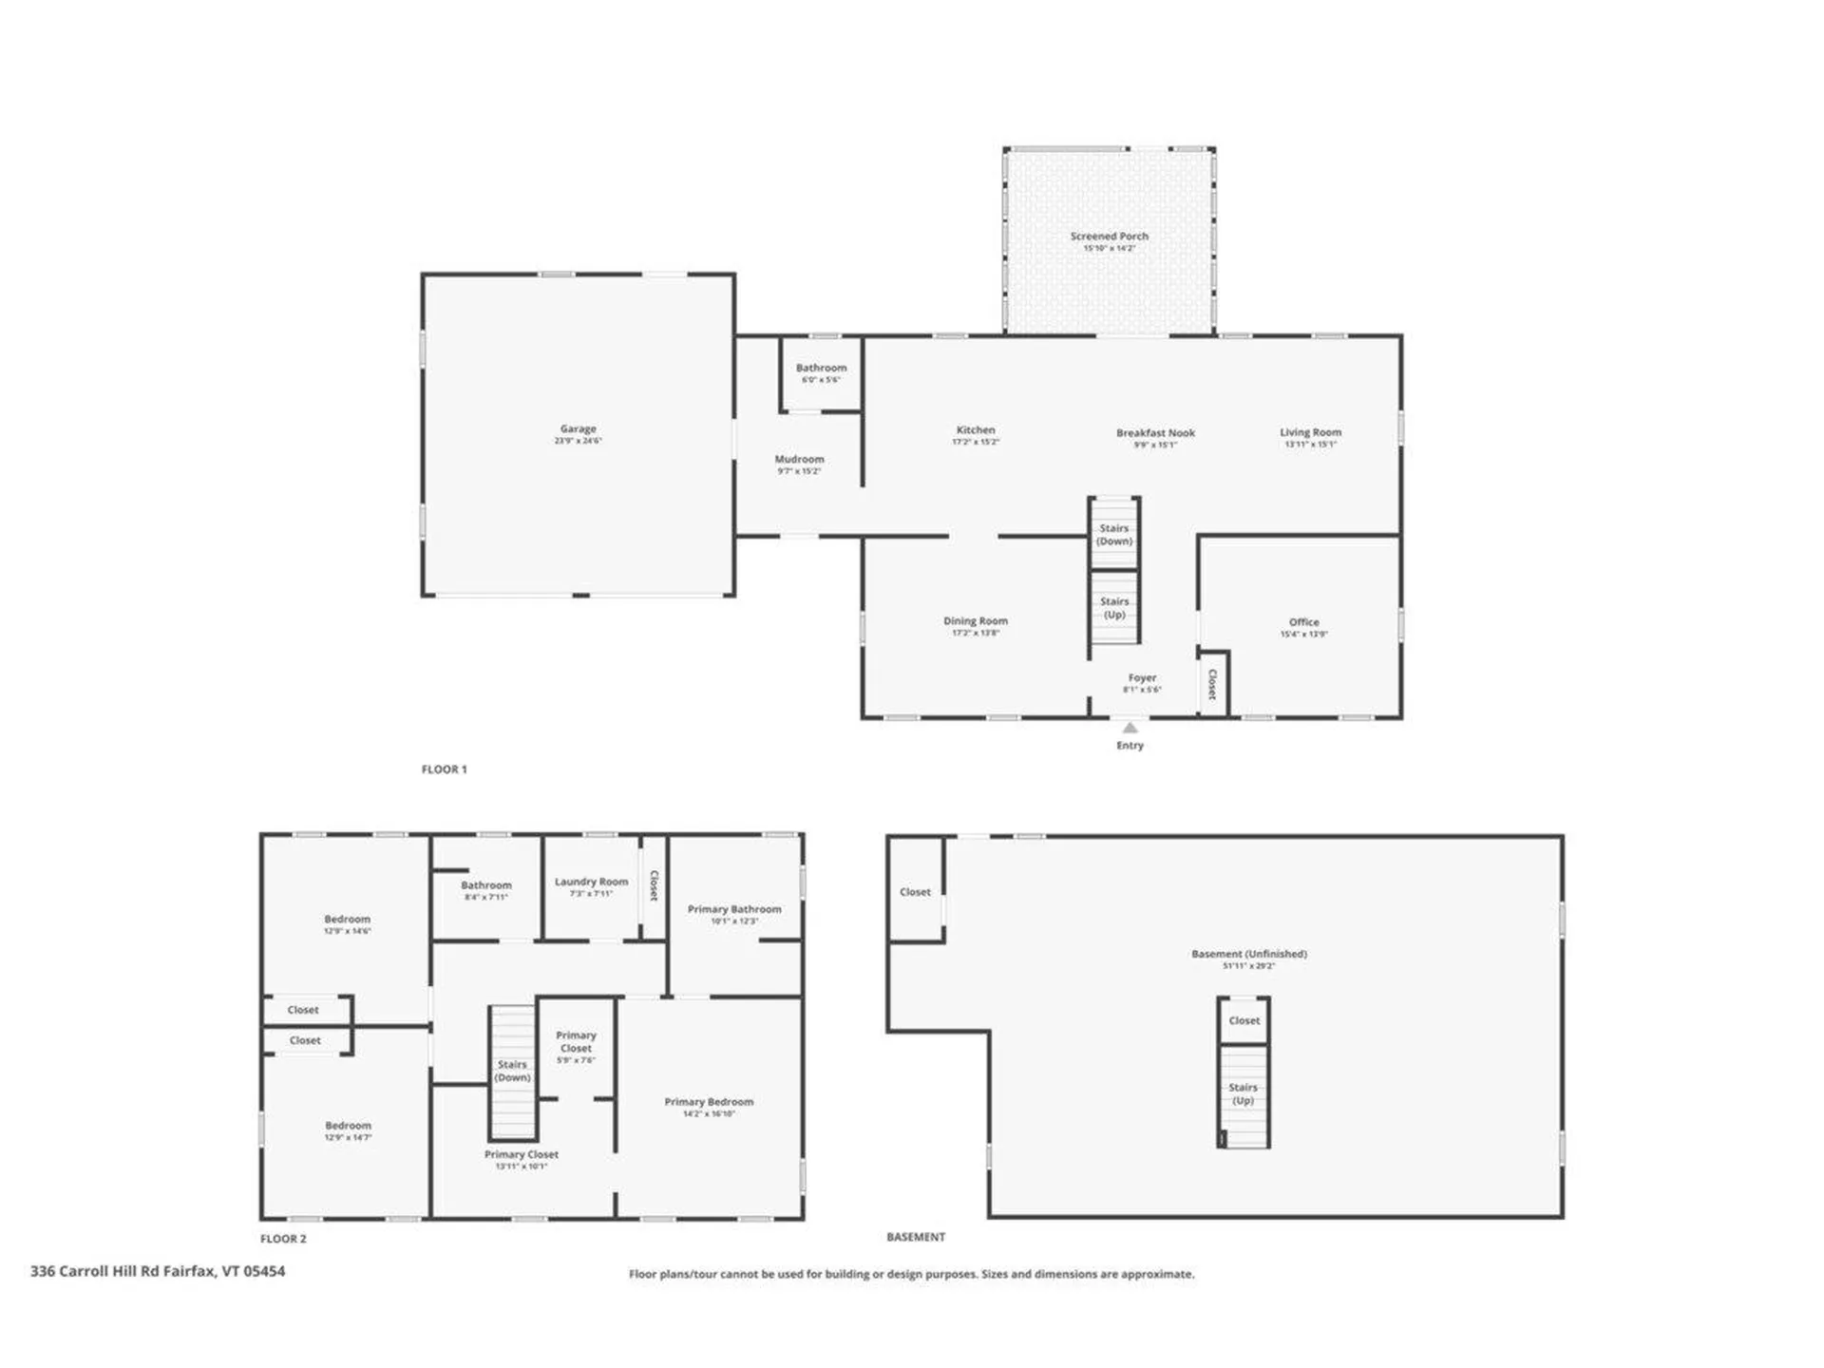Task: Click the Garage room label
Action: [x=578, y=429]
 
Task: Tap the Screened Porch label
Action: [x=1109, y=237]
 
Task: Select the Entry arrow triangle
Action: [x=1130, y=728]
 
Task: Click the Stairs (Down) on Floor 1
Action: [x=1113, y=534]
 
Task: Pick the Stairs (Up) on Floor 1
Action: [x=1113, y=607]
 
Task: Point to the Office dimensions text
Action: [x=1303, y=635]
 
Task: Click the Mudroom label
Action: [x=799, y=460]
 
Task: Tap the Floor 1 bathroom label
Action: [x=821, y=369]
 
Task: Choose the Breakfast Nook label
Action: [x=1155, y=433]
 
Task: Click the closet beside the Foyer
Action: [x=1212, y=684]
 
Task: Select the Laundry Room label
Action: [x=591, y=883]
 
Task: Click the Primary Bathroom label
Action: [x=734, y=909]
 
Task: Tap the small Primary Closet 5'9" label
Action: [x=576, y=1047]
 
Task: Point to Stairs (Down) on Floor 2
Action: [x=512, y=1071]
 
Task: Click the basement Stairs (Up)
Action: [x=1243, y=1093]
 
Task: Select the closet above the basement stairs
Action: [x=1244, y=1021]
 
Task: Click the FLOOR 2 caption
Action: [x=283, y=1239]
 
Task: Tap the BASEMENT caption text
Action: [x=915, y=1237]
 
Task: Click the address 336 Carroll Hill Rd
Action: [x=158, y=1271]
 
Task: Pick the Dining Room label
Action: [x=975, y=621]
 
